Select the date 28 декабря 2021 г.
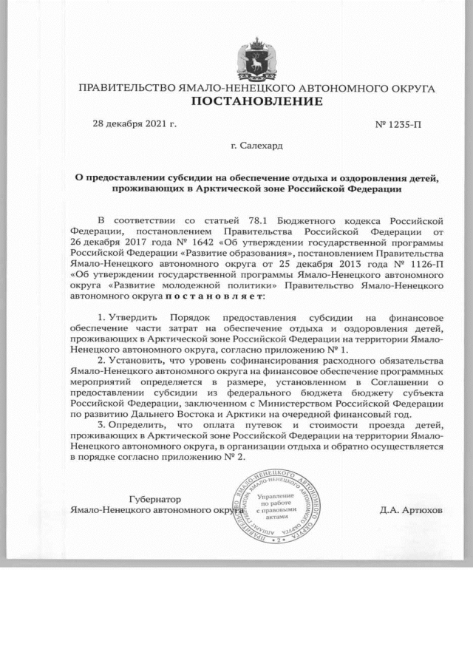(134, 123)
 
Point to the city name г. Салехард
(256, 146)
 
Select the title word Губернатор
(135, 500)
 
